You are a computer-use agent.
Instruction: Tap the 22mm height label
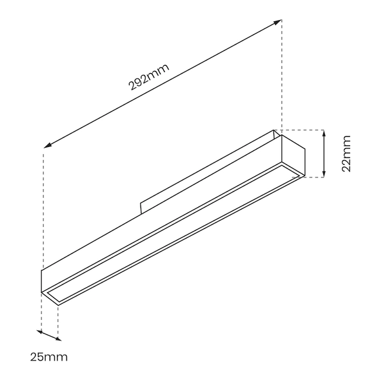tap(346, 154)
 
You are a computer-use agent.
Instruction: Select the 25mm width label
tap(48, 356)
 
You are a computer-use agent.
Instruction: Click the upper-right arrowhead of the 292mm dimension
tap(279, 22)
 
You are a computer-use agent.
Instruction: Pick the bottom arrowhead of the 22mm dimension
tap(324, 174)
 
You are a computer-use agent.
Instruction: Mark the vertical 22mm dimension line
tap(324, 154)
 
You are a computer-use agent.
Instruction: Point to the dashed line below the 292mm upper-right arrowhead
tap(281, 77)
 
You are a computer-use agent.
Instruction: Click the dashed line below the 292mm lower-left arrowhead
tap(43, 206)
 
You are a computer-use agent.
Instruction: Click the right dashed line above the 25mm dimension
tap(58, 319)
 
